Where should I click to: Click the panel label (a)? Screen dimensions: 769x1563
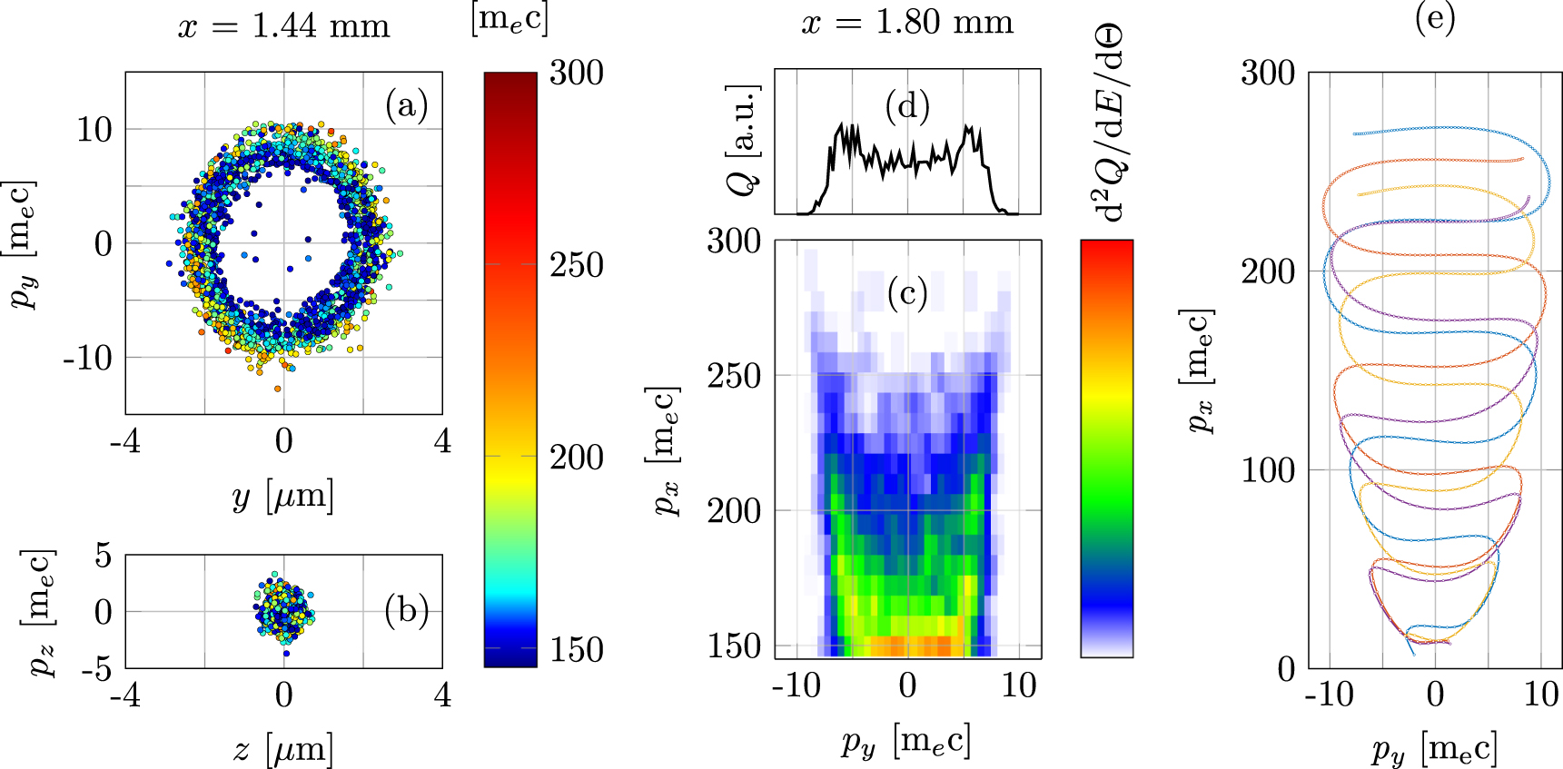coord(406,105)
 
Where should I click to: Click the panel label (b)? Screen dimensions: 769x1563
coord(406,611)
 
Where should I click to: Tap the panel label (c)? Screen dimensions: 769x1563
coord(907,293)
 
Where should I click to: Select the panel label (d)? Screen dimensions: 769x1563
coord(907,106)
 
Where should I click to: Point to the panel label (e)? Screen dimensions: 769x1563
coord(1435,17)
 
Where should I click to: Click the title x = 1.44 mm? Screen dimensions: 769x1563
coord(283,26)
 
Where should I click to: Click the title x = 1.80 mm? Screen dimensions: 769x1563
coord(907,22)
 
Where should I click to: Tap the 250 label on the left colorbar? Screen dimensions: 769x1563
coord(576,265)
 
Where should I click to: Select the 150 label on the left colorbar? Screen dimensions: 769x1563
coord(576,650)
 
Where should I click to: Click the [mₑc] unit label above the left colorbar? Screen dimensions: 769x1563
coord(509,19)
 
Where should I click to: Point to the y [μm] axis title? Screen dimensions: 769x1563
coord(283,496)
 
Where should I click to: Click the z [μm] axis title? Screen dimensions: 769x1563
coord(283,749)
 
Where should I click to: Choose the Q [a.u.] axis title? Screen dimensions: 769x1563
coord(744,141)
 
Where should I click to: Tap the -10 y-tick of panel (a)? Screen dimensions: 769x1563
coord(88,358)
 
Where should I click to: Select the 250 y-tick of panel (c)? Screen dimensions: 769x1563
coord(734,375)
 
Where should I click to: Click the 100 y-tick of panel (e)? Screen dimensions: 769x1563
coord(1268,469)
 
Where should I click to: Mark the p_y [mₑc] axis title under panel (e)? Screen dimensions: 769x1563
coord(1435,749)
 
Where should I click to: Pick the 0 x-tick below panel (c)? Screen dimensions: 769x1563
coord(907,685)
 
